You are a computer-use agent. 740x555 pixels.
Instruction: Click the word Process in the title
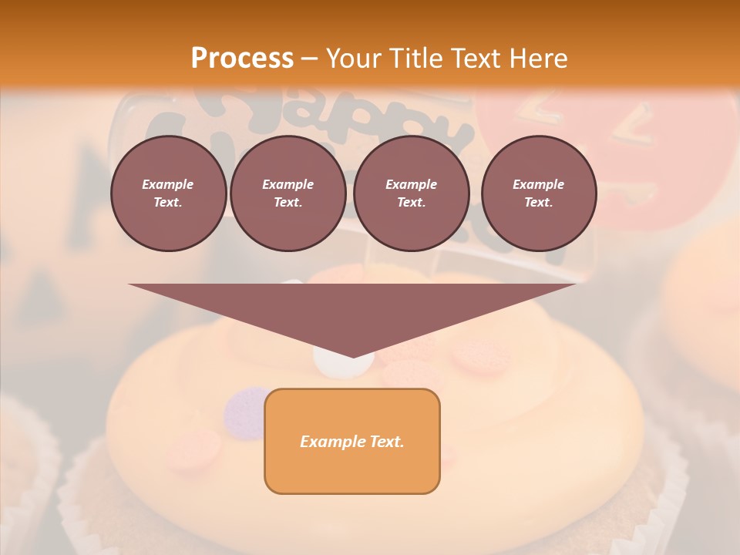(x=242, y=59)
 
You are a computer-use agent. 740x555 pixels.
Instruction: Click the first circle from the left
(x=169, y=193)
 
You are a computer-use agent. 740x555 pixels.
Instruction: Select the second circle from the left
(x=288, y=193)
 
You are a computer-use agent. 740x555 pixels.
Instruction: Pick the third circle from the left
(x=411, y=193)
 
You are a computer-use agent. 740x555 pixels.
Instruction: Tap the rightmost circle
(x=539, y=193)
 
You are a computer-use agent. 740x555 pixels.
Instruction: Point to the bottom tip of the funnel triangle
(x=352, y=356)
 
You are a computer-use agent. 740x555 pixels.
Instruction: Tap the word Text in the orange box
(x=388, y=442)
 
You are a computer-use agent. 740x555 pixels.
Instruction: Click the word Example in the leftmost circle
(x=168, y=184)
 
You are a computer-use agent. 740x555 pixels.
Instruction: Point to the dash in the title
(x=310, y=59)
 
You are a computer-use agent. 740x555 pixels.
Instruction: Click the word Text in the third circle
(x=410, y=203)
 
